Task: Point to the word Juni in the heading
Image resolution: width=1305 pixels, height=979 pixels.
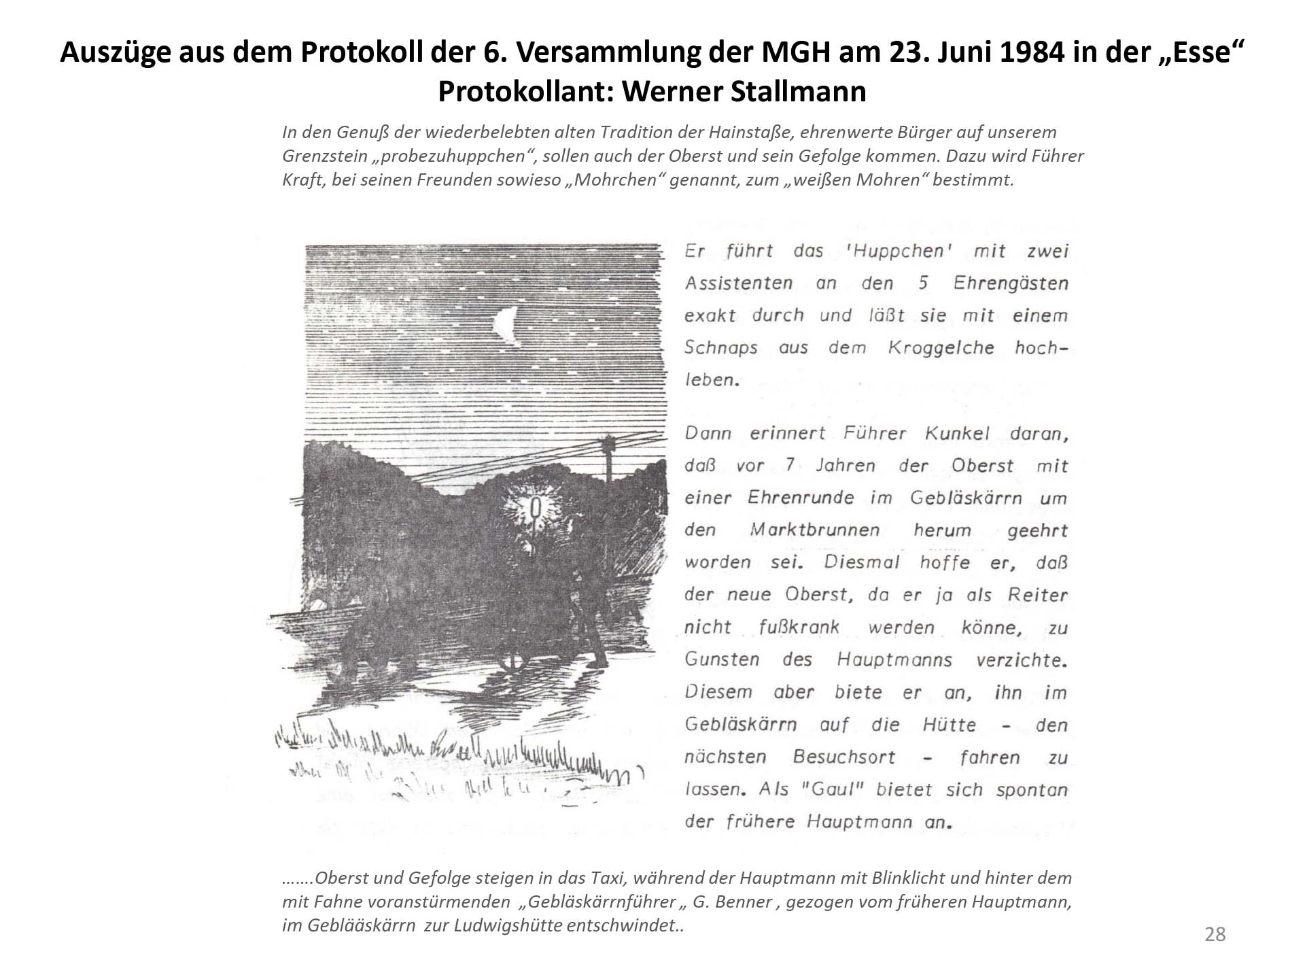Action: (x=935, y=52)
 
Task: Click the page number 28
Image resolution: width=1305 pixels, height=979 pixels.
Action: (x=1215, y=934)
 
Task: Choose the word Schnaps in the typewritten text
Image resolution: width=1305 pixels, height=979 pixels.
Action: (x=720, y=347)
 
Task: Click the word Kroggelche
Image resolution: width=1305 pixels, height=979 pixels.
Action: (x=941, y=347)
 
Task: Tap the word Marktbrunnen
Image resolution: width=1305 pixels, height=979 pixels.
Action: (x=814, y=530)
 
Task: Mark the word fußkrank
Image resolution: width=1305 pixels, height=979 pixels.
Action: (x=799, y=627)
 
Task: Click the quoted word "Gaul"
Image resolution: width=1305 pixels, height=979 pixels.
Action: (x=836, y=790)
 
